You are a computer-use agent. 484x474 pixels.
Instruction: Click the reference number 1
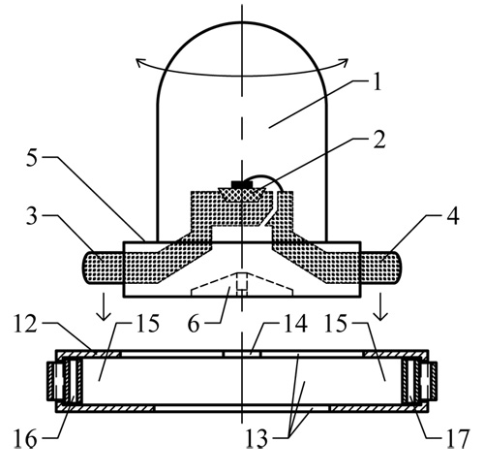tap(377, 81)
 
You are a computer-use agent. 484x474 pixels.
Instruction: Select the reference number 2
tap(379, 140)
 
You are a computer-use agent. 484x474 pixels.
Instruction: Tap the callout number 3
tap(32, 216)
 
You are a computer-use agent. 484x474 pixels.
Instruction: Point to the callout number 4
tap(453, 215)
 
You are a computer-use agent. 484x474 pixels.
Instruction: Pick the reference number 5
tap(32, 158)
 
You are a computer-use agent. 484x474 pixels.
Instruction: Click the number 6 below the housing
tap(194, 324)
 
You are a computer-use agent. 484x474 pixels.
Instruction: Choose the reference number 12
tap(25, 324)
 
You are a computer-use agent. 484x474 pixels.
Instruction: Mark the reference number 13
tap(257, 438)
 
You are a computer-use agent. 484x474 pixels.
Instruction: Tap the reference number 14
tap(295, 324)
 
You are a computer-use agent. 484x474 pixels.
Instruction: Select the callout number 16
tap(25, 439)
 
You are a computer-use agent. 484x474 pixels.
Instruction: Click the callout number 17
tap(458, 439)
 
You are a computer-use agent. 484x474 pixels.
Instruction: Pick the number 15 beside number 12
tap(148, 324)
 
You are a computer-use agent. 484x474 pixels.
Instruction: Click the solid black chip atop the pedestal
tap(242, 184)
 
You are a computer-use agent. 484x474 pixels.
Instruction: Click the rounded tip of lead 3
tap(84, 268)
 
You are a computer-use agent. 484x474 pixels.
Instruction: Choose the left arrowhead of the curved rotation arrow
tap(139, 63)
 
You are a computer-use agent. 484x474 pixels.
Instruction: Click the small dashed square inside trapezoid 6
tap(242, 281)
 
